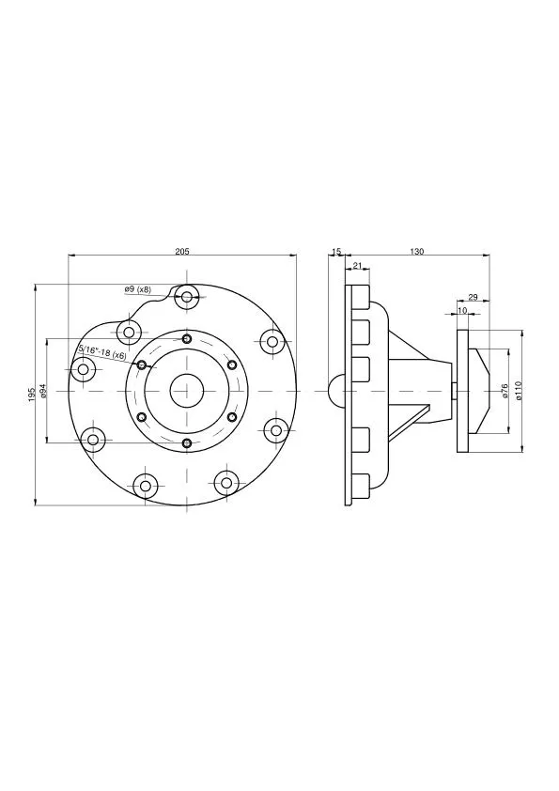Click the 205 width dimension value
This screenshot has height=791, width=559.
point(182,251)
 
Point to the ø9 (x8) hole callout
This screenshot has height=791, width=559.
point(137,289)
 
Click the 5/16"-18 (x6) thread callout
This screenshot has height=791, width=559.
point(102,352)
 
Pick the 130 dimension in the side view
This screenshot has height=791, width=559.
point(417,251)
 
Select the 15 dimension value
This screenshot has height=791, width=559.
point(336,251)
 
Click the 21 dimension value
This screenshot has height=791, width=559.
point(357,267)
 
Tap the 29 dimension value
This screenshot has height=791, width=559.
point(473,297)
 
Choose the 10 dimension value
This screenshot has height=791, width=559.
point(462,309)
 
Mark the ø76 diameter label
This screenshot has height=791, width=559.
point(505,391)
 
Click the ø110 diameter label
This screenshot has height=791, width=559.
point(518,391)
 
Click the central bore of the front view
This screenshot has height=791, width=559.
point(187,391)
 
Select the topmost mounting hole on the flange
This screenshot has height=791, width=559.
point(188,298)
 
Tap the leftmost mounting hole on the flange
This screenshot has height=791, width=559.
point(84,369)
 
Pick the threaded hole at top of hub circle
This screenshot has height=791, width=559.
point(187,338)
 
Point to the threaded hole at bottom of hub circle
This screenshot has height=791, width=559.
point(187,442)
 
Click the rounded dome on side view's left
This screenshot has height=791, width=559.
point(335,391)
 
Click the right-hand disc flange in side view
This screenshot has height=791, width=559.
point(463,391)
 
